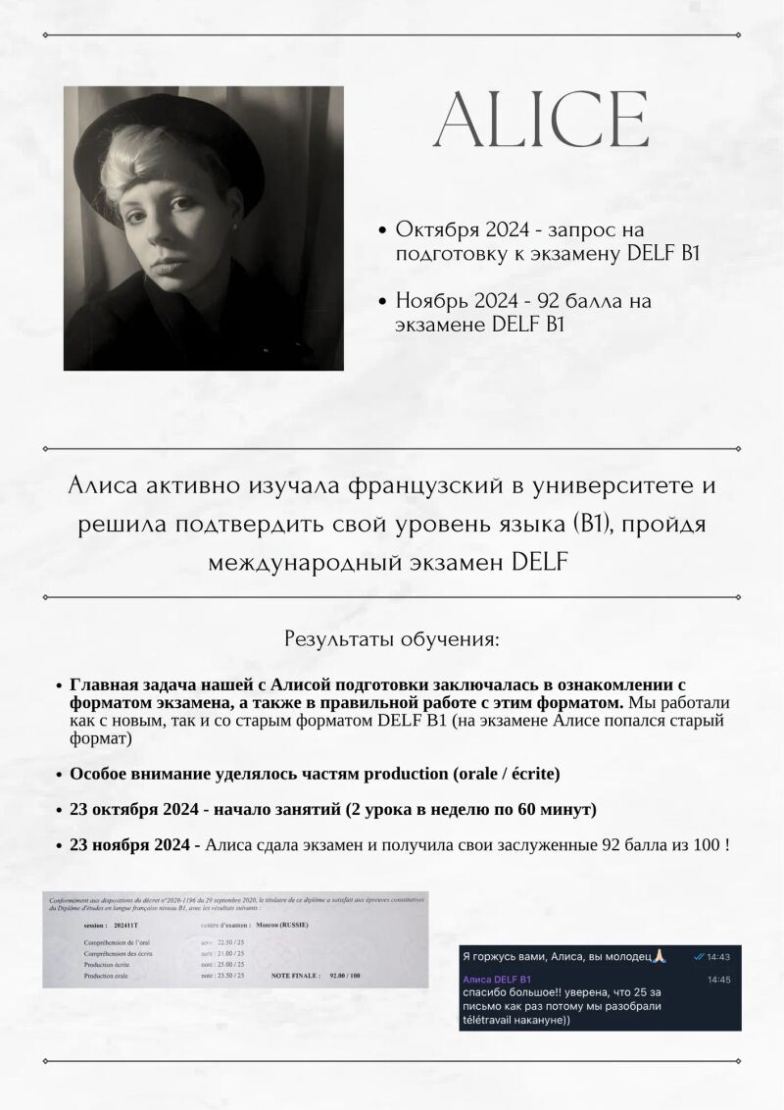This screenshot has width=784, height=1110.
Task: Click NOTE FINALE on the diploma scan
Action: [294, 977]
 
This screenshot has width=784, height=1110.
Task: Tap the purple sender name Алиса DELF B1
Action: [497, 980]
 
